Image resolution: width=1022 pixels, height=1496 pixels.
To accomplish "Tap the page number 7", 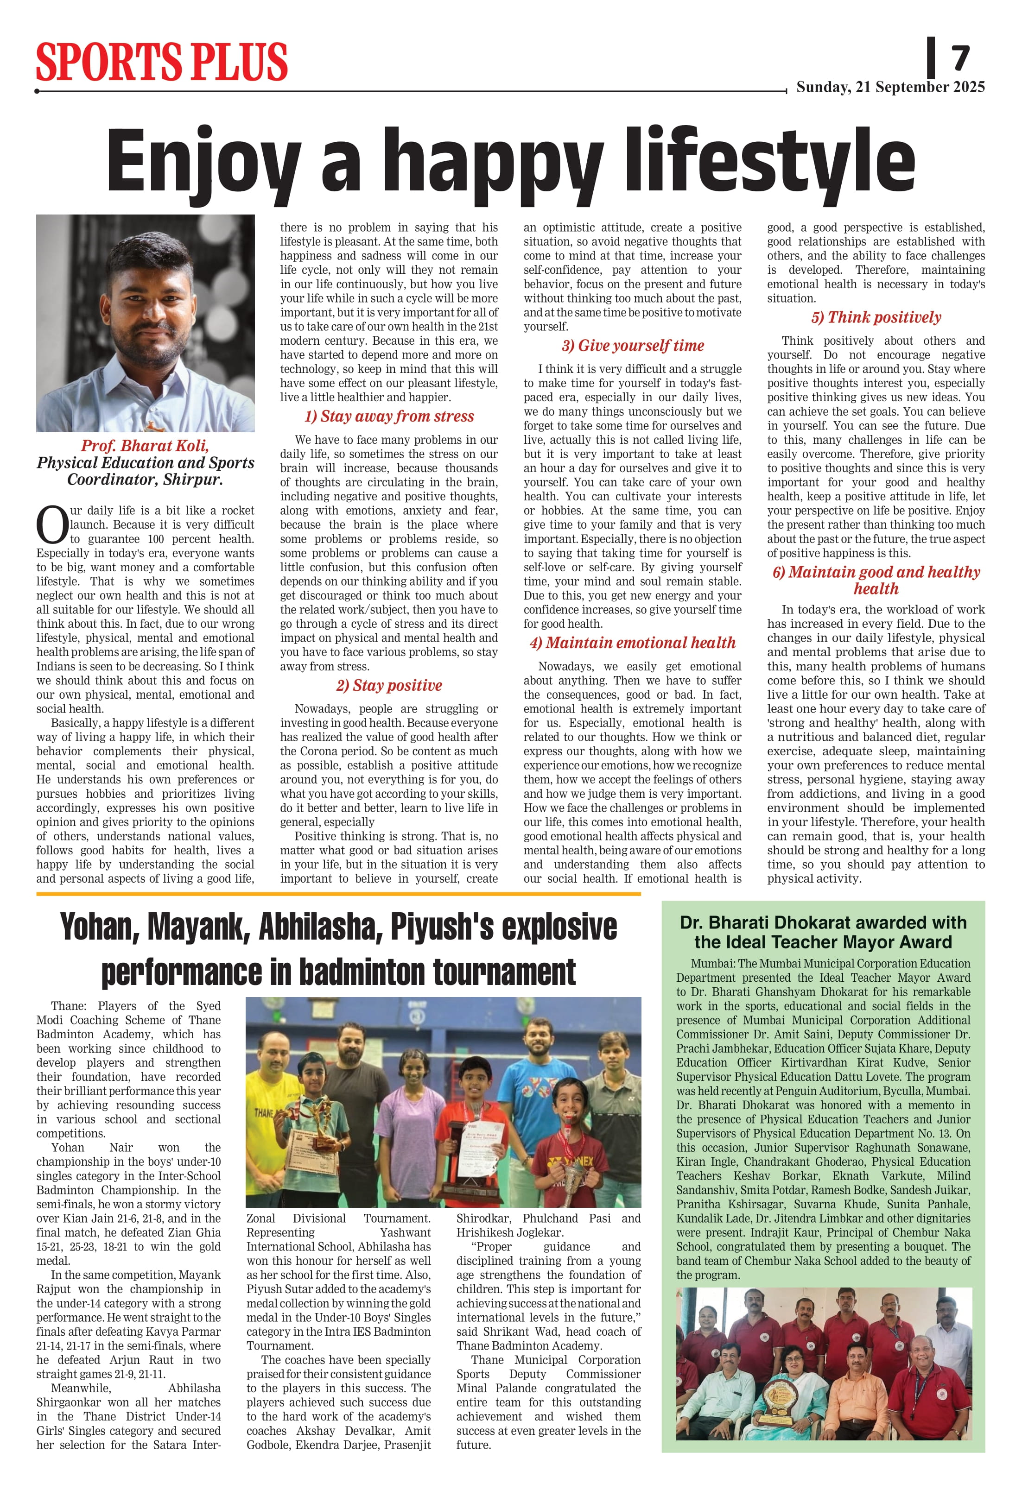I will [x=960, y=59].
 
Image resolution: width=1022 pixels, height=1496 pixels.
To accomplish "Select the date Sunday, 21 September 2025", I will [x=890, y=88].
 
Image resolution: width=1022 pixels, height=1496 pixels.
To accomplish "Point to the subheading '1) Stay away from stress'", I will [x=389, y=417].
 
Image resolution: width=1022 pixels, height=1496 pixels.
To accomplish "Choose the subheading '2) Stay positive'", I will [x=389, y=686].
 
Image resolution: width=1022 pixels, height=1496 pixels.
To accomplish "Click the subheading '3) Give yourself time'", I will [x=632, y=346].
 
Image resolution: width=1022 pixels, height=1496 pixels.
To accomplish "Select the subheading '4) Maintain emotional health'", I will [x=632, y=643].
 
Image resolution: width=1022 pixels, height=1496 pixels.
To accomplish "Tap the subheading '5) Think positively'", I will [x=876, y=317].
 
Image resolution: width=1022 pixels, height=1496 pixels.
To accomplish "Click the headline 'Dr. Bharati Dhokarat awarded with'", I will [x=823, y=922].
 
